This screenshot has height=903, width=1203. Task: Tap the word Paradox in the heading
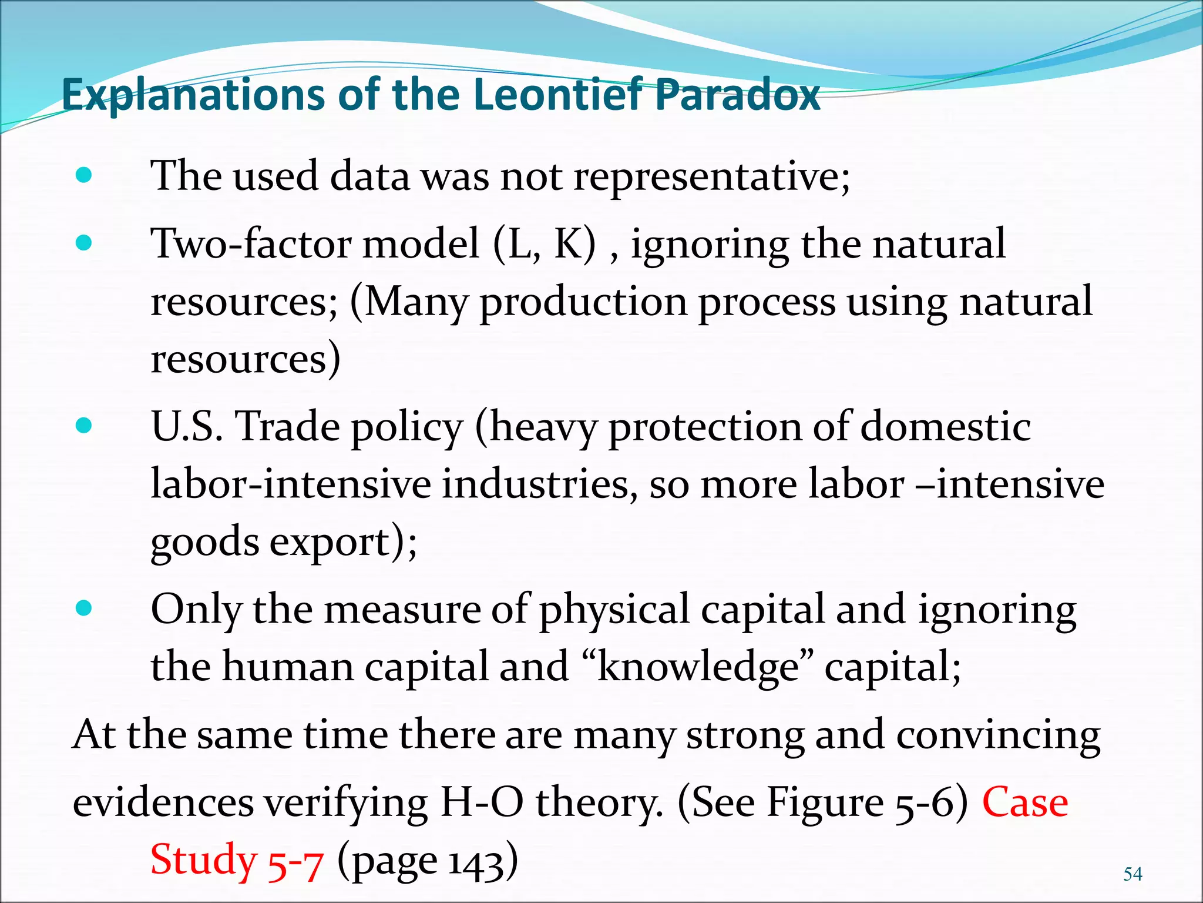(737, 95)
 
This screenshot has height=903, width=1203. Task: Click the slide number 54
(1133, 874)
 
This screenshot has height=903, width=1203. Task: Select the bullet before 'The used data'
(84, 175)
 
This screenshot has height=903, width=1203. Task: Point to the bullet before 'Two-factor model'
(84, 243)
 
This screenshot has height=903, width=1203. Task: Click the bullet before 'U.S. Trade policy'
(84, 425)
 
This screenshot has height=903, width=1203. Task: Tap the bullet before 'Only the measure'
(84, 608)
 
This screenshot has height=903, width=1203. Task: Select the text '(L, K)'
(544, 243)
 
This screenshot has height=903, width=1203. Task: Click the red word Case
(1025, 802)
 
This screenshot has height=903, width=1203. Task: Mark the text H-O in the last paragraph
(481, 802)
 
